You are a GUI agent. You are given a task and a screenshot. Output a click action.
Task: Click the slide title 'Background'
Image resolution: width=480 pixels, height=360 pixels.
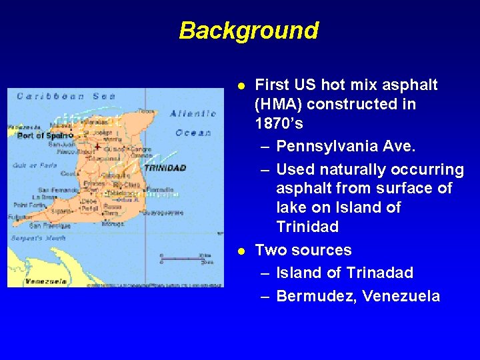click(249, 31)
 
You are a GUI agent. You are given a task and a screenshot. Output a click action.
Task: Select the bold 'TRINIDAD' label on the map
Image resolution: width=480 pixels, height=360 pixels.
click(165, 168)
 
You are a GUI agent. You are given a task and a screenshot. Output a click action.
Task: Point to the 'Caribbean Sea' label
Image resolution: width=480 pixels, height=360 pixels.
click(67, 96)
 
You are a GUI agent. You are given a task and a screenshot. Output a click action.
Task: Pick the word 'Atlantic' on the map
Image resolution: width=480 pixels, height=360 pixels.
click(193, 113)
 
